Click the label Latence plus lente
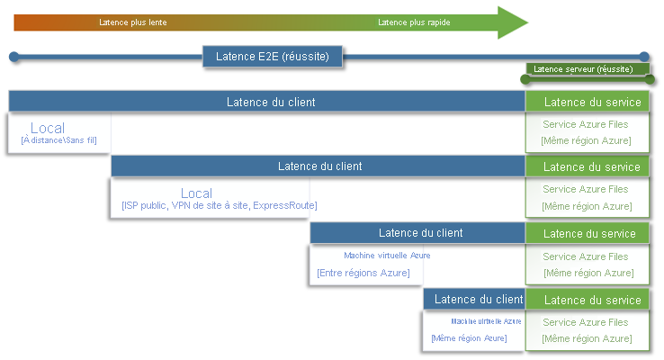[133, 22]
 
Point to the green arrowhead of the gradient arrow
[514, 22]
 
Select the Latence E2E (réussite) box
[273, 58]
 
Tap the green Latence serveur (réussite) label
[583, 69]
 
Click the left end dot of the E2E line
[14, 58]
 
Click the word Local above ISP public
[196, 193]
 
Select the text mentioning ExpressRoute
[220, 206]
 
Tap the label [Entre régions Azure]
[363, 273]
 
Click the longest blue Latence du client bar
[266, 102]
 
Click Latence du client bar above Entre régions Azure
[417, 233]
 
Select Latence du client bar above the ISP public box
[318, 166]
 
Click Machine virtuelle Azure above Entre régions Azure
[387, 256]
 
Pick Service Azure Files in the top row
[586, 125]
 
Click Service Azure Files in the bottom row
[586, 322]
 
